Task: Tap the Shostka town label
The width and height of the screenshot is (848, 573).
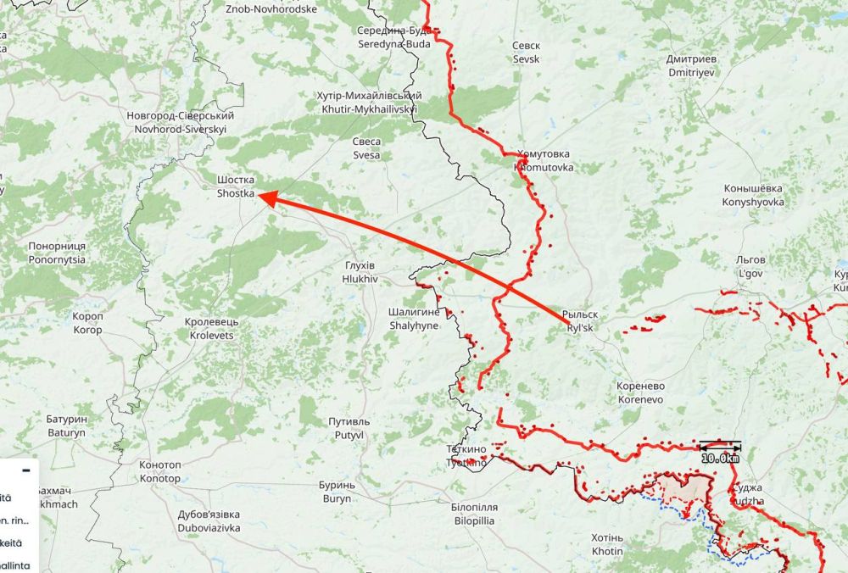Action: (x=235, y=187)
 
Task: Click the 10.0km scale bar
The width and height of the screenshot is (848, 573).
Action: (x=720, y=452)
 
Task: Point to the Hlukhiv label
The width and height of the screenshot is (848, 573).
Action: (x=358, y=271)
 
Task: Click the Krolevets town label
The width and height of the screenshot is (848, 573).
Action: (x=212, y=329)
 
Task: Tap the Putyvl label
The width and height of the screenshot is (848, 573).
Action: (x=349, y=428)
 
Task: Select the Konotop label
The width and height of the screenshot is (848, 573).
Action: (x=159, y=471)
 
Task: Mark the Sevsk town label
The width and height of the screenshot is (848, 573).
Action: (x=526, y=53)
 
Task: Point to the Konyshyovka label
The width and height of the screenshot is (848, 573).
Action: (x=753, y=195)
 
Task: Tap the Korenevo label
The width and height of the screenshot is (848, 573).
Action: (x=641, y=392)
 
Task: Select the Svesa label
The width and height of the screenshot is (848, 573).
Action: (x=367, y=148)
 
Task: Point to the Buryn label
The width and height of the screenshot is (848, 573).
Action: (x=335, y=492)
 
